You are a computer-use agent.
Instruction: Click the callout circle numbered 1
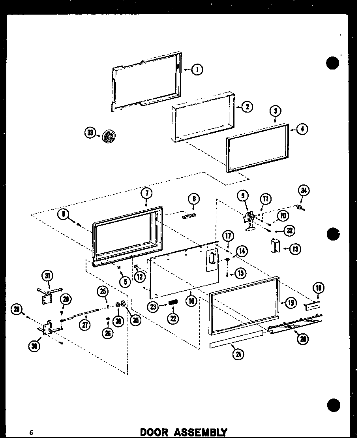click(197, 70)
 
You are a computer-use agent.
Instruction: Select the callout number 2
click(247, 107)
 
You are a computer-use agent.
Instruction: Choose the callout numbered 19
click(291, 303)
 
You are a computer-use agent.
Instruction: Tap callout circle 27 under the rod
click(85, 325)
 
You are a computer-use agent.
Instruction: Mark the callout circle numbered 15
click(241, 273)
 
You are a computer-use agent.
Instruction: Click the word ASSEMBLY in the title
click(200, 432)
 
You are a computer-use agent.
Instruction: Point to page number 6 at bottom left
click(30, 432)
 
